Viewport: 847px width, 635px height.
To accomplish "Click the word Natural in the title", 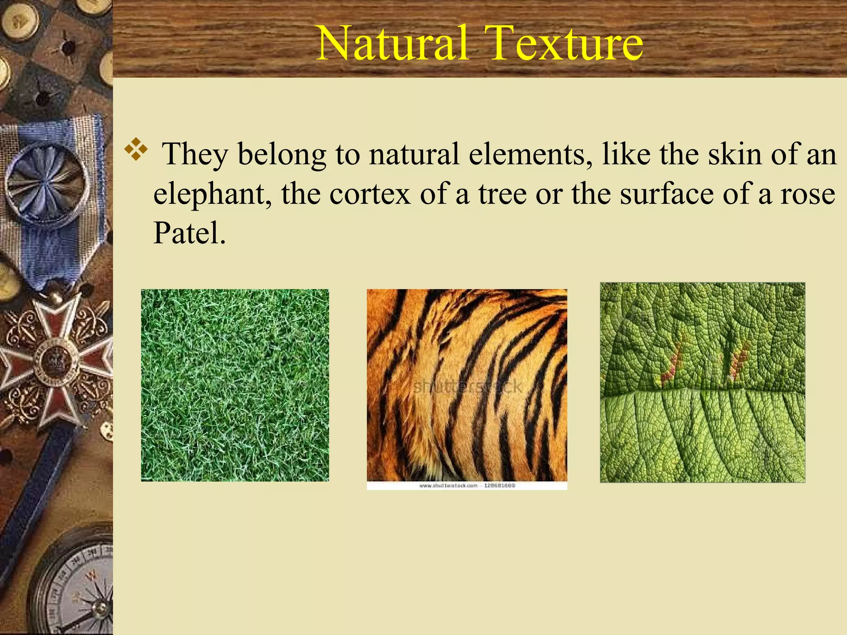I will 393,43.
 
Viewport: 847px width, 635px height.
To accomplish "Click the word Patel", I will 189,233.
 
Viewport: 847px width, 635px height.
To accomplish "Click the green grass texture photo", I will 235,385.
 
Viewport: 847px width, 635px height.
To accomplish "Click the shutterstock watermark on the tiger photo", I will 468,387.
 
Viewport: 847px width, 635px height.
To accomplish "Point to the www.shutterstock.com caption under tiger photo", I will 467,486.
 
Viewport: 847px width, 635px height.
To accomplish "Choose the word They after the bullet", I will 195,155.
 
